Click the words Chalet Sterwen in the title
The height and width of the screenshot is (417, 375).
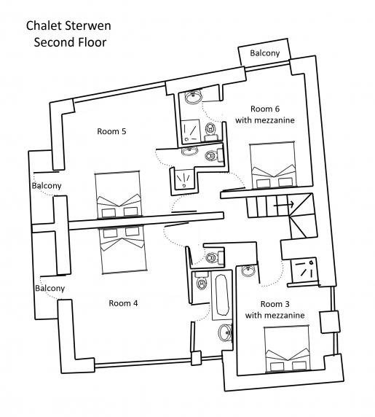68,26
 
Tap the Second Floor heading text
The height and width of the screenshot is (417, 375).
70,42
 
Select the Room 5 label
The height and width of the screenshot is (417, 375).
111,131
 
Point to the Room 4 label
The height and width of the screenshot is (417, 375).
123,303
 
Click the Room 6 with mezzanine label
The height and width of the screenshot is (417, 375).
265,114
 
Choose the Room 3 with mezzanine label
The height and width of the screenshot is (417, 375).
275,310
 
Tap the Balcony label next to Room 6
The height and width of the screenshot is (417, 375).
265,53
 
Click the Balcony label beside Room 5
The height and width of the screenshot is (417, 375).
47,186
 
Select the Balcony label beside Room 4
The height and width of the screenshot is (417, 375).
50,288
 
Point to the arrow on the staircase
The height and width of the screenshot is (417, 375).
284,205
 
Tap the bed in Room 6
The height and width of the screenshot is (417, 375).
272,165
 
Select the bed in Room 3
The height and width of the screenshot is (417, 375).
287,348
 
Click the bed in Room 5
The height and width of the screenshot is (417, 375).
117,195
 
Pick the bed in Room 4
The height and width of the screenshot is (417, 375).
123,249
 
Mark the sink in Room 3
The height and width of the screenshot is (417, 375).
248,271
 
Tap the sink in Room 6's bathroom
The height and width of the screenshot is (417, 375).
193,96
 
